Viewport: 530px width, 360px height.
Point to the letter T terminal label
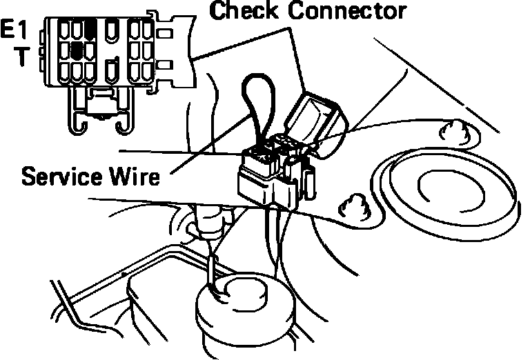point(22,57)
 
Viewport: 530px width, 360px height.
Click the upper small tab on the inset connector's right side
point(165,32)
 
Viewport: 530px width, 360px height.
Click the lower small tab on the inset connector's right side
point(165,68)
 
